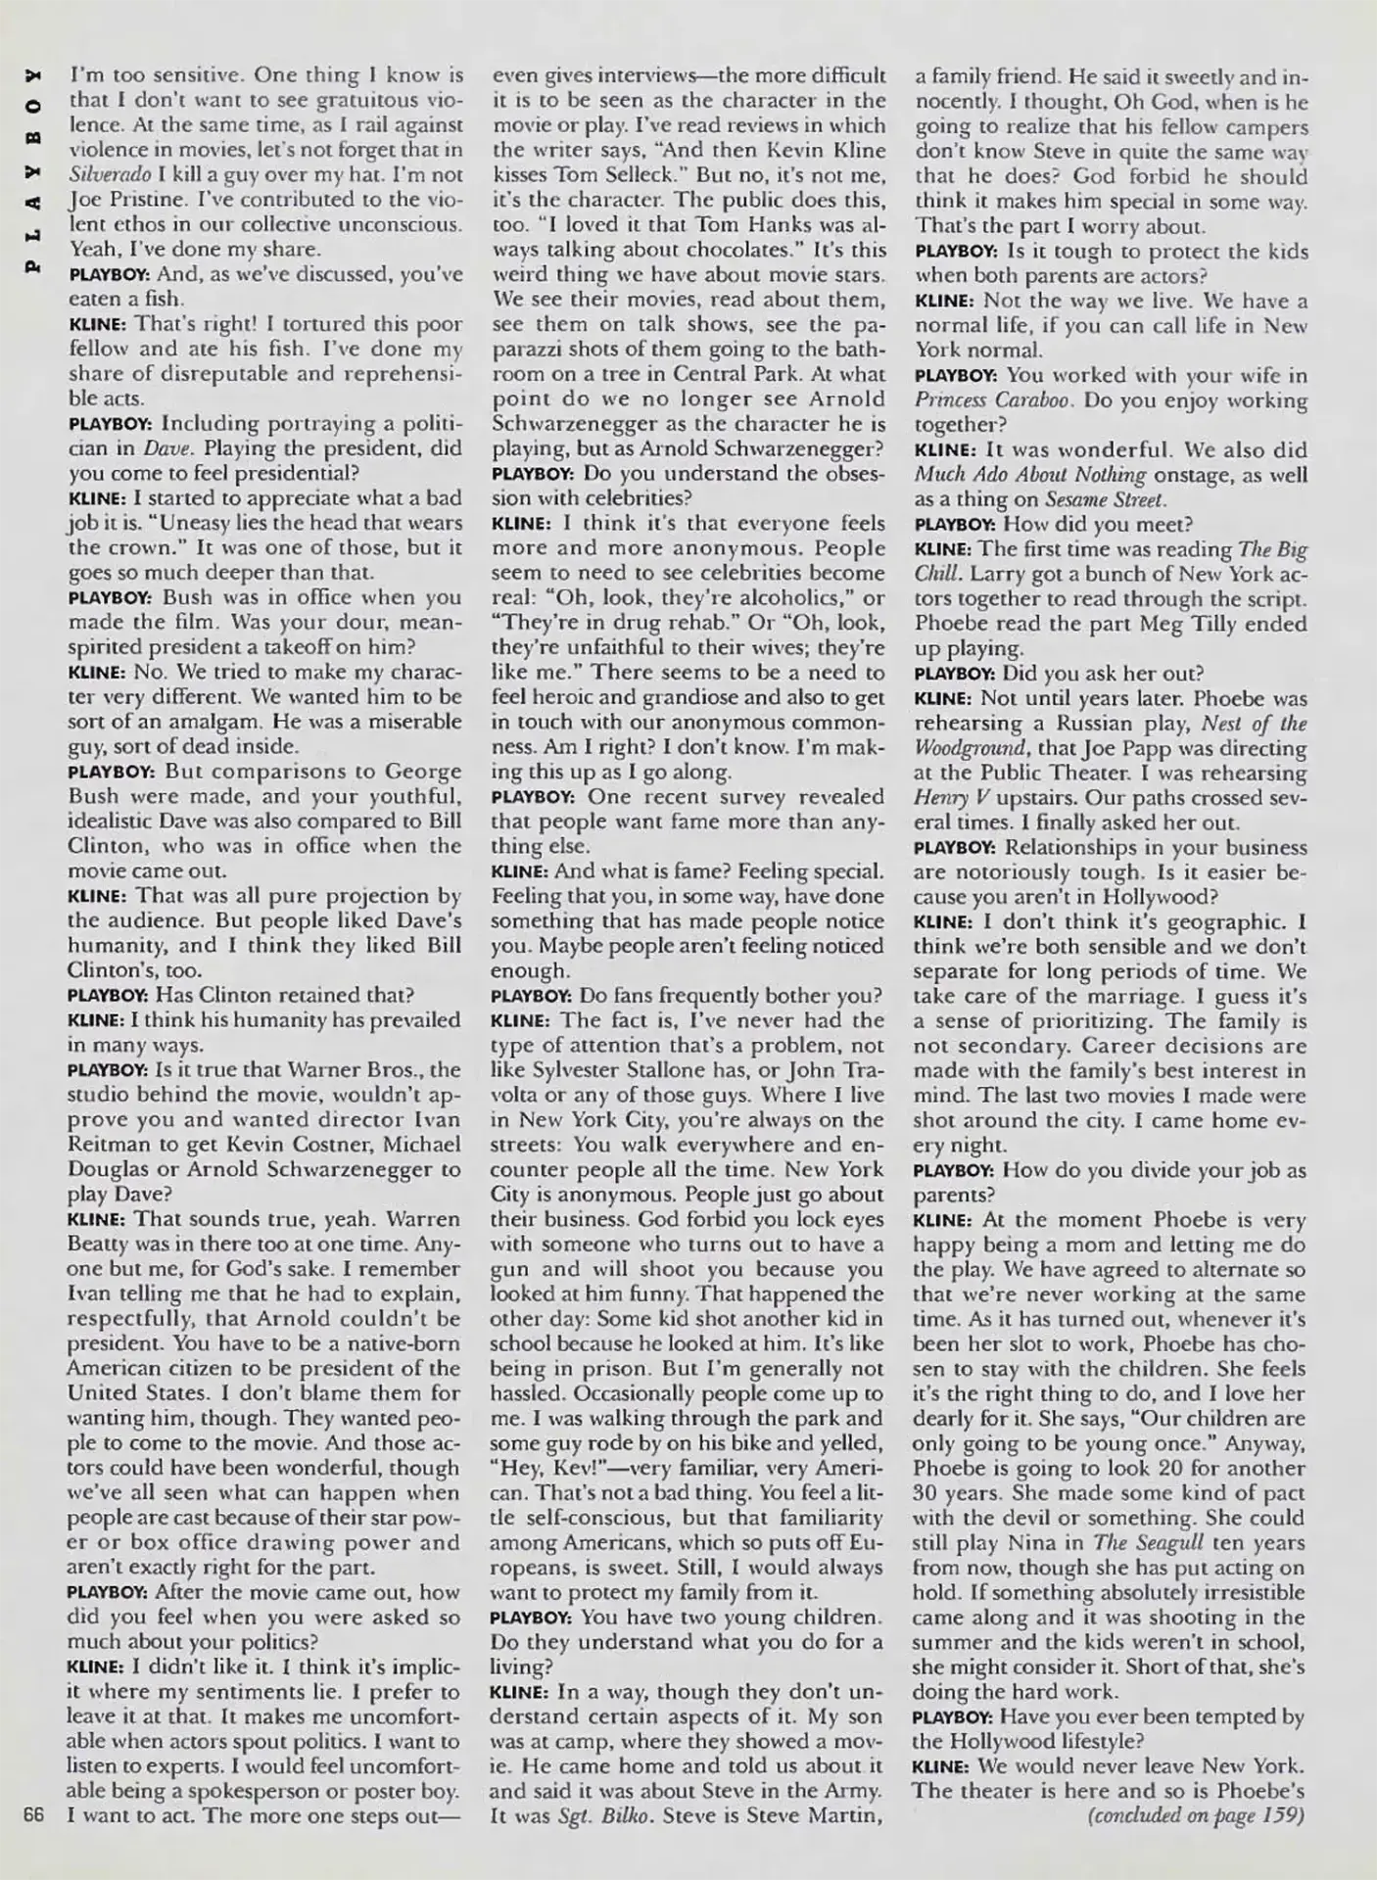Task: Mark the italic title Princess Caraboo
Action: pos(994,399)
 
